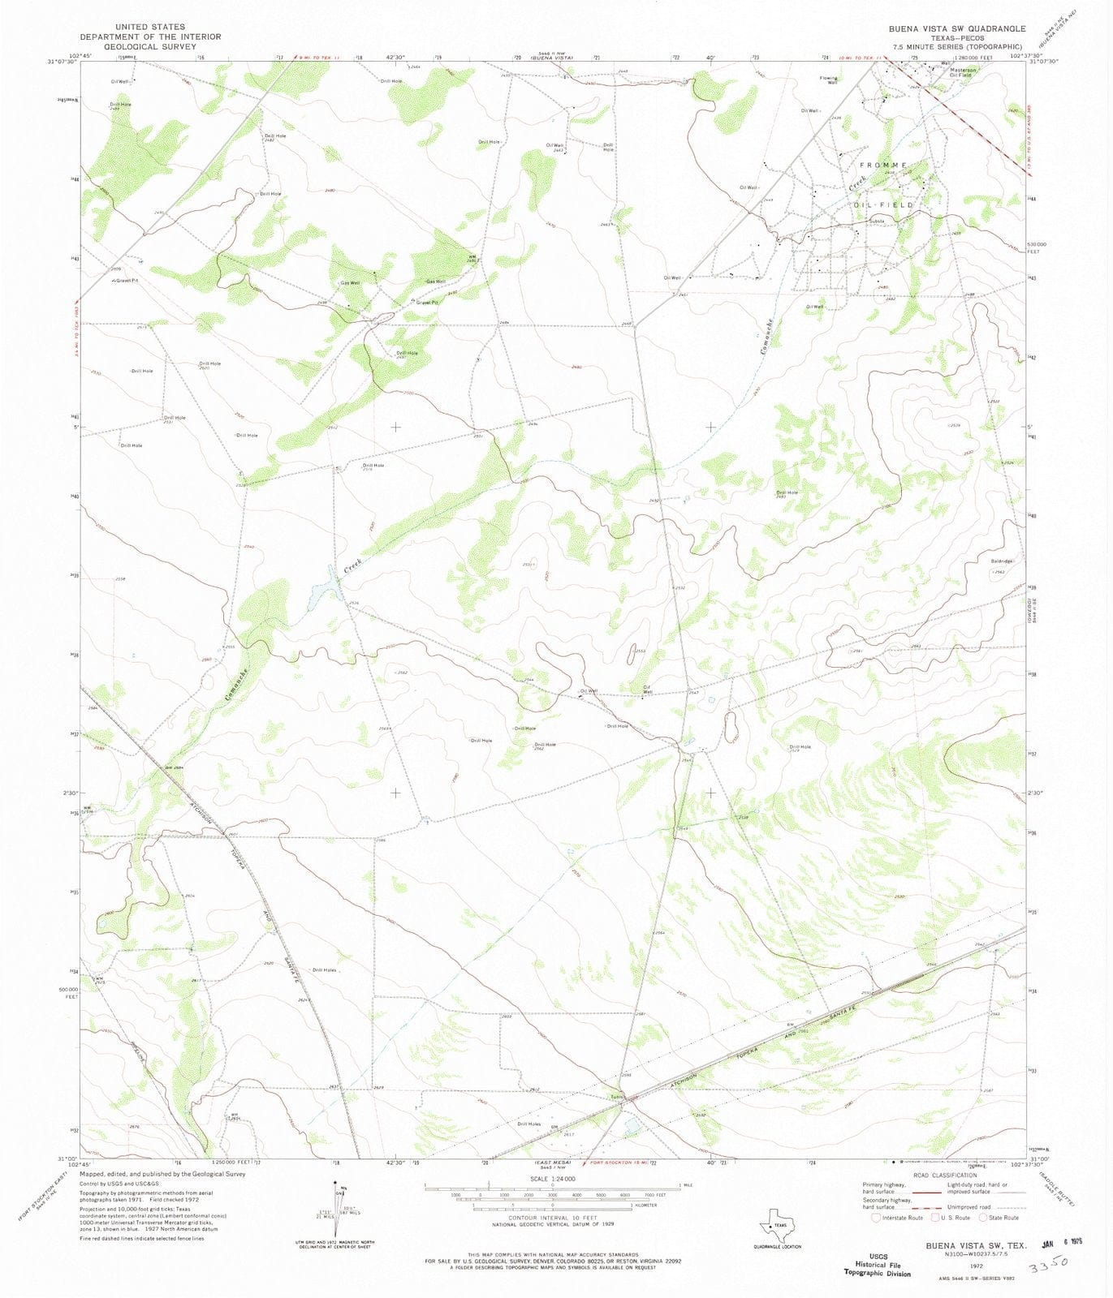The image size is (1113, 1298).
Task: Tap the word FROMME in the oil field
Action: click(883, 165)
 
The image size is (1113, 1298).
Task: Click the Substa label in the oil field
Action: click(876, 221)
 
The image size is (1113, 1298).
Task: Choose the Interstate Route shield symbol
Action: click(876, 1217)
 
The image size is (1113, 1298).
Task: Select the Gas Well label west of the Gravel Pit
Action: click(350, 282)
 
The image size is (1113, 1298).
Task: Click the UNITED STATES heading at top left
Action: click(150, 27)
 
